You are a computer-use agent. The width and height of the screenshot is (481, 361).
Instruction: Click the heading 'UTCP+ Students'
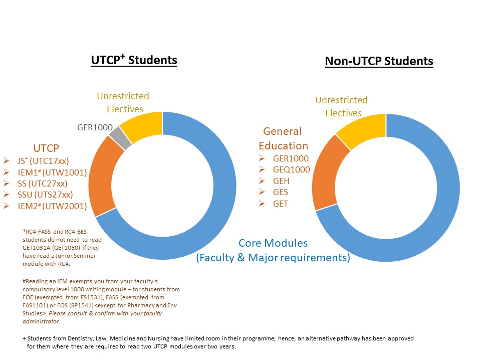[x=134, y=60]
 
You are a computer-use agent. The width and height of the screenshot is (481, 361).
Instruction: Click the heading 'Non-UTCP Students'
[x=379, y=61]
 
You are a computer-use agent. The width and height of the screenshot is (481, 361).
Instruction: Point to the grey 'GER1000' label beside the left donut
[x=95, y=127]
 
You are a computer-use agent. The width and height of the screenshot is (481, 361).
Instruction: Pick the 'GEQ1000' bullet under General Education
[x=291, y=169]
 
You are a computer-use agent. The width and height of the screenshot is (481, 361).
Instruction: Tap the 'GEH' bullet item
[x=281, y=181]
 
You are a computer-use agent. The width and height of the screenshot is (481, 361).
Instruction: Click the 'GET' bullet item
[x=281, y=204]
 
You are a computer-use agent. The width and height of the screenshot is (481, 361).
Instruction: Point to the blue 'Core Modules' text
[x=273, y=243]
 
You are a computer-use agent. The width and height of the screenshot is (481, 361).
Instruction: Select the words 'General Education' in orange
[x=283, y=138]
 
